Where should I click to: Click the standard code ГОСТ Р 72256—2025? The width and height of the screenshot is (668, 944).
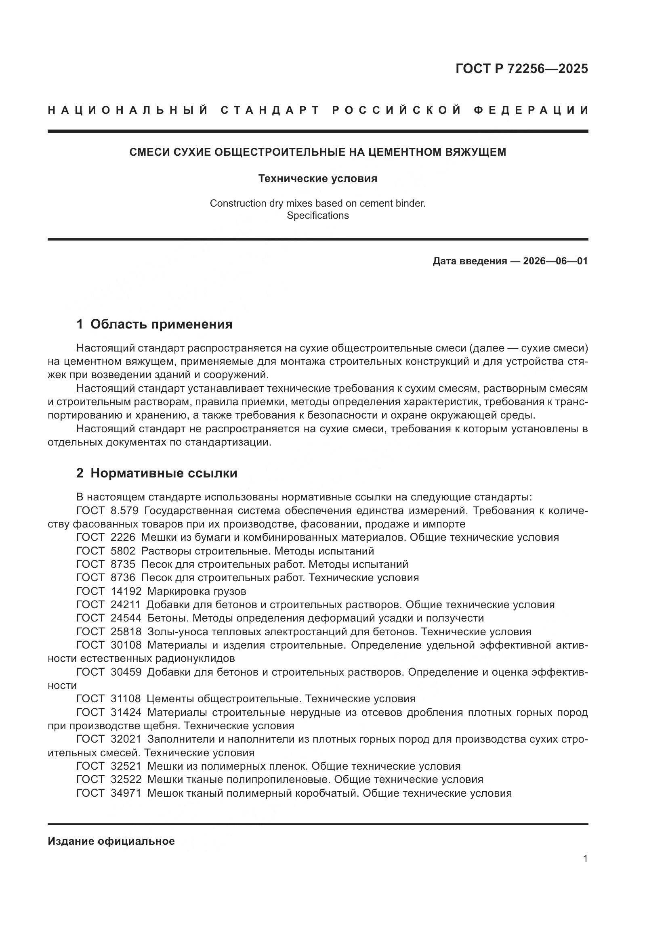click(x=521, y=69)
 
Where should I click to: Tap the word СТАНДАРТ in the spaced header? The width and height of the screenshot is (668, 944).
click(x=270, y=110)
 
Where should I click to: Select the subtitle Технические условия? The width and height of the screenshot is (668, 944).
click(x=317, y=178)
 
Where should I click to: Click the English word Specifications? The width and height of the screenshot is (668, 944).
click(x=317, y=216)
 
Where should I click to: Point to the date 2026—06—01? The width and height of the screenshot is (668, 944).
click(x=555, y=261)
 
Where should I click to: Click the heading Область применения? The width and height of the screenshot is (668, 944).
click(x=161, y=324)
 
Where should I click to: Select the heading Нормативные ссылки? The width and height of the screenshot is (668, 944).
click(x=164, y=473)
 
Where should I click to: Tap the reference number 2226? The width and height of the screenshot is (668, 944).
click(x=123, y=537)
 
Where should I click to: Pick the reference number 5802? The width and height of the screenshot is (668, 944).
click(x=123, y=551)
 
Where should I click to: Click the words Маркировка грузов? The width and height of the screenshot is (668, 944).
click(x=197, y=591)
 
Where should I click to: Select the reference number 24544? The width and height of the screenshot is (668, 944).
click(x=126, y=618)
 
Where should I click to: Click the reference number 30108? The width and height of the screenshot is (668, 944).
click(x=126, y=645)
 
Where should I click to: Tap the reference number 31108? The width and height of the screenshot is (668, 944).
click(x=126, y=699)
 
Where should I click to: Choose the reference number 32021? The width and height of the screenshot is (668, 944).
click(x=126, y=739)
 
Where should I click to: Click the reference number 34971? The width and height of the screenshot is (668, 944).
click(x=126, y=793)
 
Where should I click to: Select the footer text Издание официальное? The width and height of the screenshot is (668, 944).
click(x=111, y=841)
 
